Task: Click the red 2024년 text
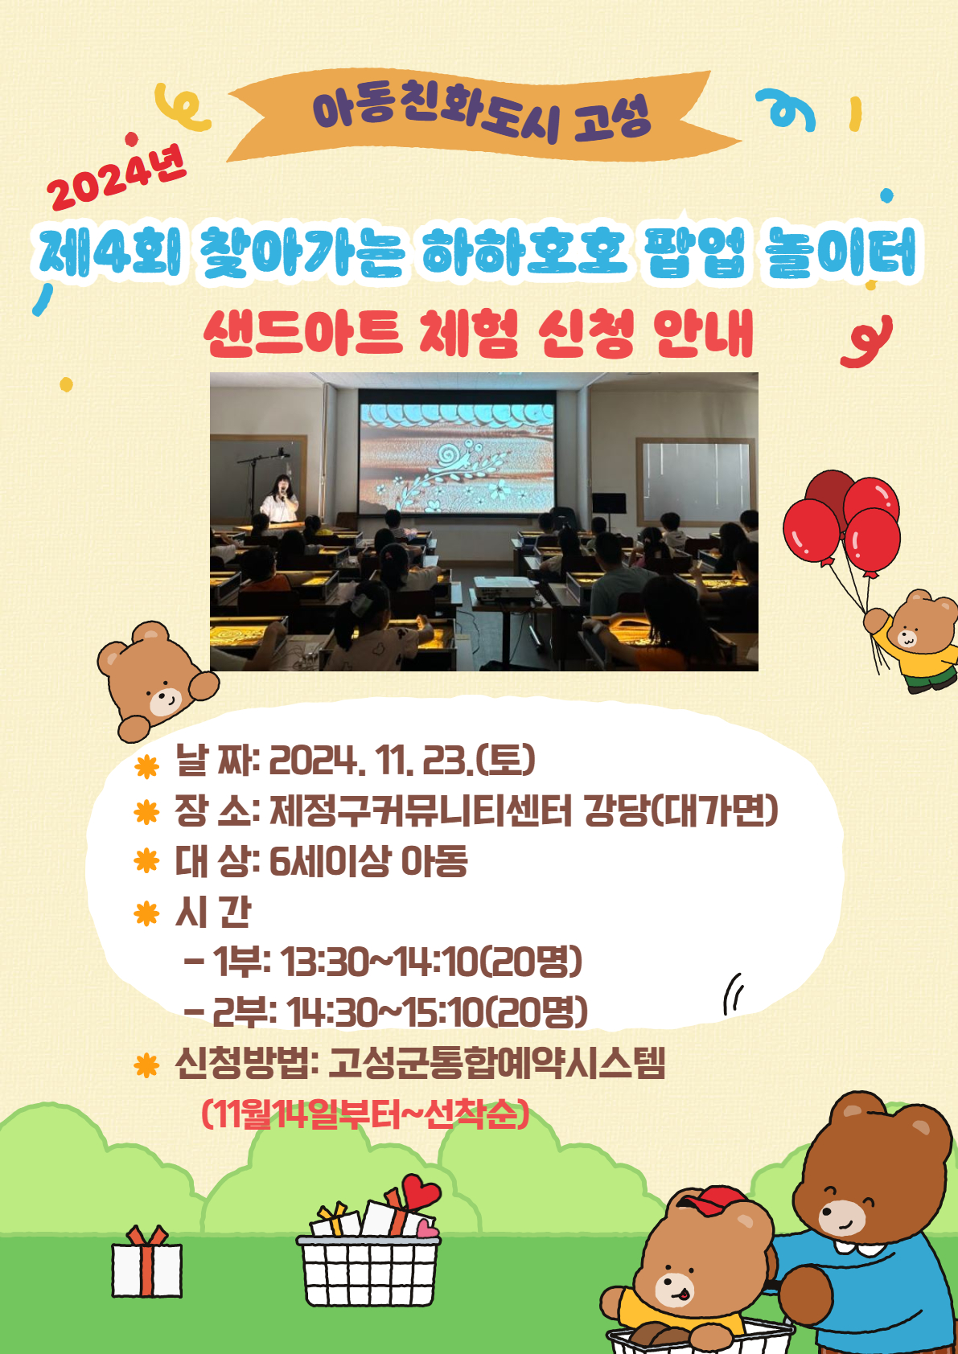coord(116,177)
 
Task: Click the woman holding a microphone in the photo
coord(280,499)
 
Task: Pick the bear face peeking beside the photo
coord(155,679)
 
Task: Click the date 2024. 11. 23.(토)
coord(402,760)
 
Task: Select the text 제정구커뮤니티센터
coord(420,810)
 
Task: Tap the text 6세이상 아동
coord(368,861)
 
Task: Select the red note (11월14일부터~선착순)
coord(365,1114)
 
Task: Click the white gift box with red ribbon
coord(146,1262)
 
